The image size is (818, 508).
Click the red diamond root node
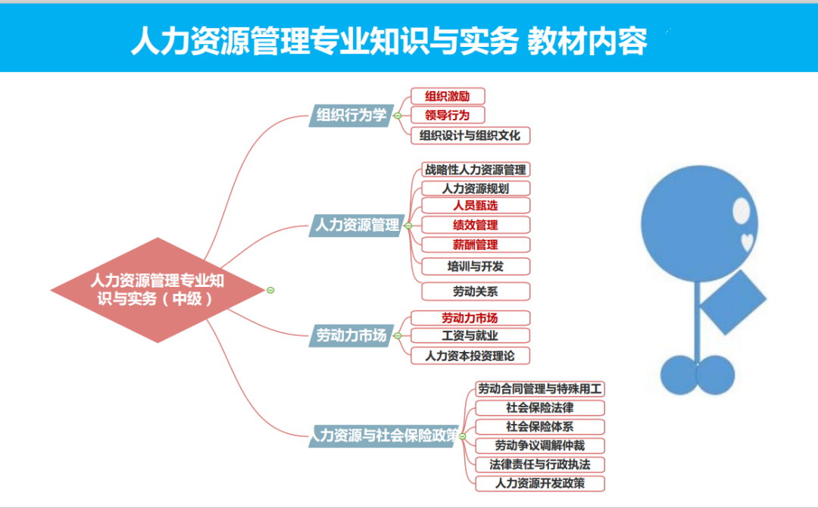[158, 290]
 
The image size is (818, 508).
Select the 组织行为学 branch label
[351, 115]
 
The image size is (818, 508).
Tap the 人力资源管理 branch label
[357, 226]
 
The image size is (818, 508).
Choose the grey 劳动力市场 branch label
[351, 335]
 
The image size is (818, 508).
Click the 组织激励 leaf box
[448, 96]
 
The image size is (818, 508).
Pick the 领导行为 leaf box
[448, 115]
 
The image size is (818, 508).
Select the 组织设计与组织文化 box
[470, 136]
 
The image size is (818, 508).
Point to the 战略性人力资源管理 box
[476, 170]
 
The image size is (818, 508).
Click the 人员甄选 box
[476, 205]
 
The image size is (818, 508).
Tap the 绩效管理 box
[476, 226]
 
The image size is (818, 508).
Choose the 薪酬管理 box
[476, 245]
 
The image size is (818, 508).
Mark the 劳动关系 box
[476, 291]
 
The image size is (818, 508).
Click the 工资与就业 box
[470, 335]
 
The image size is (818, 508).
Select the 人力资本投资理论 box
[470, 356]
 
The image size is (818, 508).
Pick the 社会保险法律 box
[540, 408]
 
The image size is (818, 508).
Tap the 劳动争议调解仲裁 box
[540, 446]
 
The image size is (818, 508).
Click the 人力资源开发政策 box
[540, 484]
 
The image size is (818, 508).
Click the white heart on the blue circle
[747, 242]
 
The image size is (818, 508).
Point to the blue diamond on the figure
[732, 302]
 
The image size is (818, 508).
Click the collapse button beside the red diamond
[270, 291]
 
